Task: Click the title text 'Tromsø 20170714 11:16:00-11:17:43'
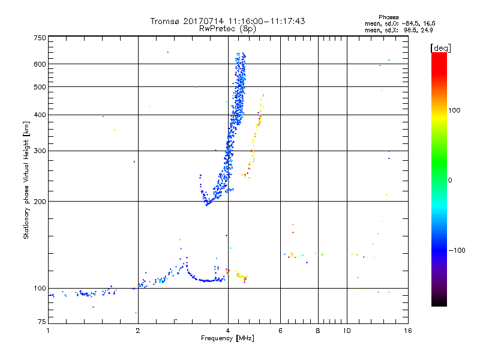click(x=228, y=21)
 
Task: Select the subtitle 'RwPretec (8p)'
click(x=228, y=28)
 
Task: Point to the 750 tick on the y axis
click(x=40, y=38)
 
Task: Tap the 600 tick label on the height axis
click(x=40, y=64)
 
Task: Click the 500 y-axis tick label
click(x=40, y=86)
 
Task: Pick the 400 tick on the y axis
click(x=40, y=115)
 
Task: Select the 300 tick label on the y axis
click(x=40, y=151)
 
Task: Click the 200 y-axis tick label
click(x=40, y=201)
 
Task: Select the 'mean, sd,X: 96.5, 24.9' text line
click(x=398, y=29)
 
